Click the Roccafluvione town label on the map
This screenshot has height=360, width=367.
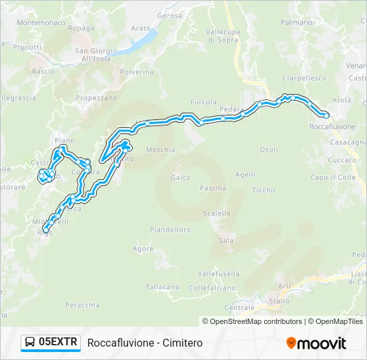pos(332,126)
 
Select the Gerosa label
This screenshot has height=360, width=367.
pos(170,15)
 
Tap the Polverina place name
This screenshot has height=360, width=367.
pos(136,71)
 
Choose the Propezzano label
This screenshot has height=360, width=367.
pos(96,97)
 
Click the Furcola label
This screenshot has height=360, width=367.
pos(204,102)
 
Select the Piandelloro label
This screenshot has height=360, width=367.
pos(170,229)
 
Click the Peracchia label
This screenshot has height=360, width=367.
pos(83,305)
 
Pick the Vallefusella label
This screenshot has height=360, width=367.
pos(218,273)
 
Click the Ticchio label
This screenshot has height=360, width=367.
pos(264,189)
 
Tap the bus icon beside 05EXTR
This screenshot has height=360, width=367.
pos(30,343)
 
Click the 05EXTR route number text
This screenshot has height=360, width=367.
pos(59,343)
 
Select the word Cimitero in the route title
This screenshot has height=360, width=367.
pos(181,343)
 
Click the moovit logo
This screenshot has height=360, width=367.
pos(316,343)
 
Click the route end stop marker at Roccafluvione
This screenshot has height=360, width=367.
pos(326,115)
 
